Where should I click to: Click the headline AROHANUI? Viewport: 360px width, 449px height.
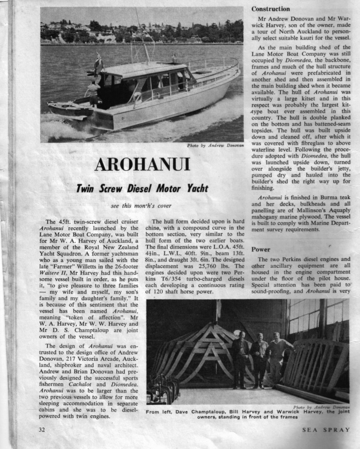142,164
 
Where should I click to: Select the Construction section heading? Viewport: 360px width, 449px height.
271,9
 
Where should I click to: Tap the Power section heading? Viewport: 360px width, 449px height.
260,249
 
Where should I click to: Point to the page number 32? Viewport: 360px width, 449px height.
42,430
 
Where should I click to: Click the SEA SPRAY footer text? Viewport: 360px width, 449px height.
326,430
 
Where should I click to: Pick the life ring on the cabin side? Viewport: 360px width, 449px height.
138,97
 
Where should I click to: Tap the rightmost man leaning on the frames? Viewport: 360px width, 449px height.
277,358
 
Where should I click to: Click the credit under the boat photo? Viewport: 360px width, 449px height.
215,145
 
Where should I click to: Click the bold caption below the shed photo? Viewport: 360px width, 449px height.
248,414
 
